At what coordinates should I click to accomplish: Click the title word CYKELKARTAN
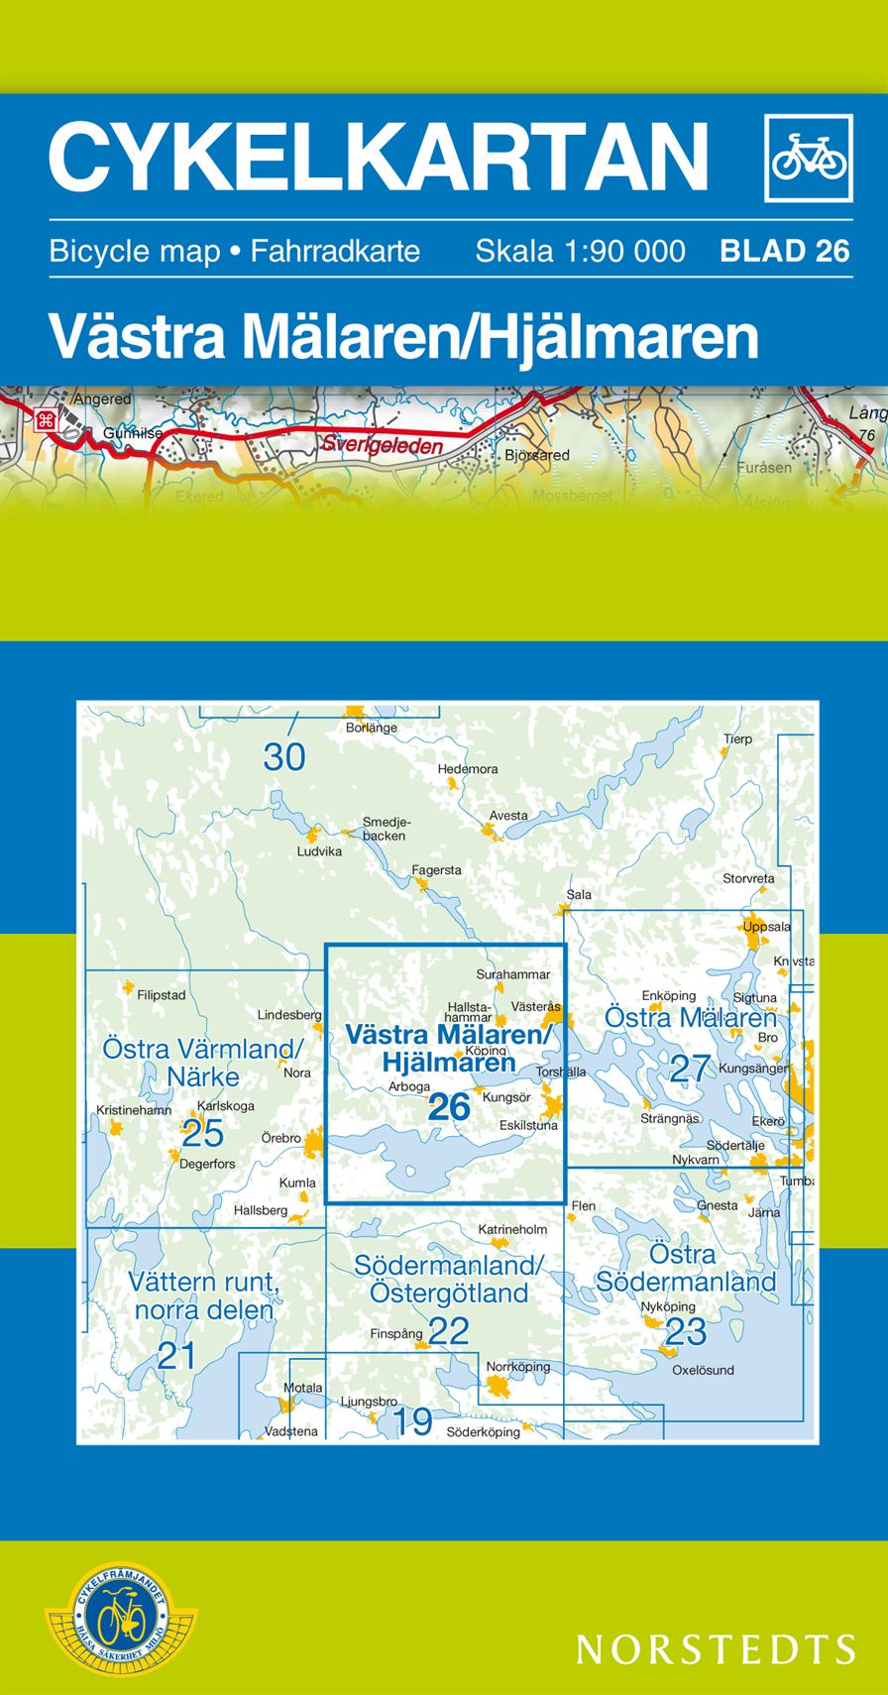pyautogui.click(x=379, y=157)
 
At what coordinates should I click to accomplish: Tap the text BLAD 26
pyautogui.click(x=785, y=251)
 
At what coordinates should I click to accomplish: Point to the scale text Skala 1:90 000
pyautogui.click(x=580, y=251)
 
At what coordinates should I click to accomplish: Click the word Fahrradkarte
pyautogui.click(x=335, y=251)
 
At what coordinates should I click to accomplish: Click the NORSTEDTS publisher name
pyautogui.click(x=716, y=1648)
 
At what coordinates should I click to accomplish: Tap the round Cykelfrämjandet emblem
pyautogui.click(x=121, y=1620)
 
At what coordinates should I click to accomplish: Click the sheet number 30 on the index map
pyautogui.click(x=284, y=757)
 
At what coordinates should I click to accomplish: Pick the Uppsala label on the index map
pyautogui.click(x=767, y=927)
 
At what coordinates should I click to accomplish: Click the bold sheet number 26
pyautogui.click(x=448, y=1106)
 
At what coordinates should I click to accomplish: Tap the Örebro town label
pyautogui.click(x=281, y=1138)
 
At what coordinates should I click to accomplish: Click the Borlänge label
pyautogui.click(x=372, y=728)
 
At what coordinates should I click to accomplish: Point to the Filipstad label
pyautogui.click(x=162, y=995)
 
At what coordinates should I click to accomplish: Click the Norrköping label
pyautogui.click(x=517, y=1367)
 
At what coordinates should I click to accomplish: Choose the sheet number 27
pyautogui.click(x=691, y=1069)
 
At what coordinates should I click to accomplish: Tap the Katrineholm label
pyautogui.click(x=512, y=1229)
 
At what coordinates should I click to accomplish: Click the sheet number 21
pyautogui.click(x=176, y=1355)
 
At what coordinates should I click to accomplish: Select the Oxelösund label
pyautogui.click(x=703, y=1370)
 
